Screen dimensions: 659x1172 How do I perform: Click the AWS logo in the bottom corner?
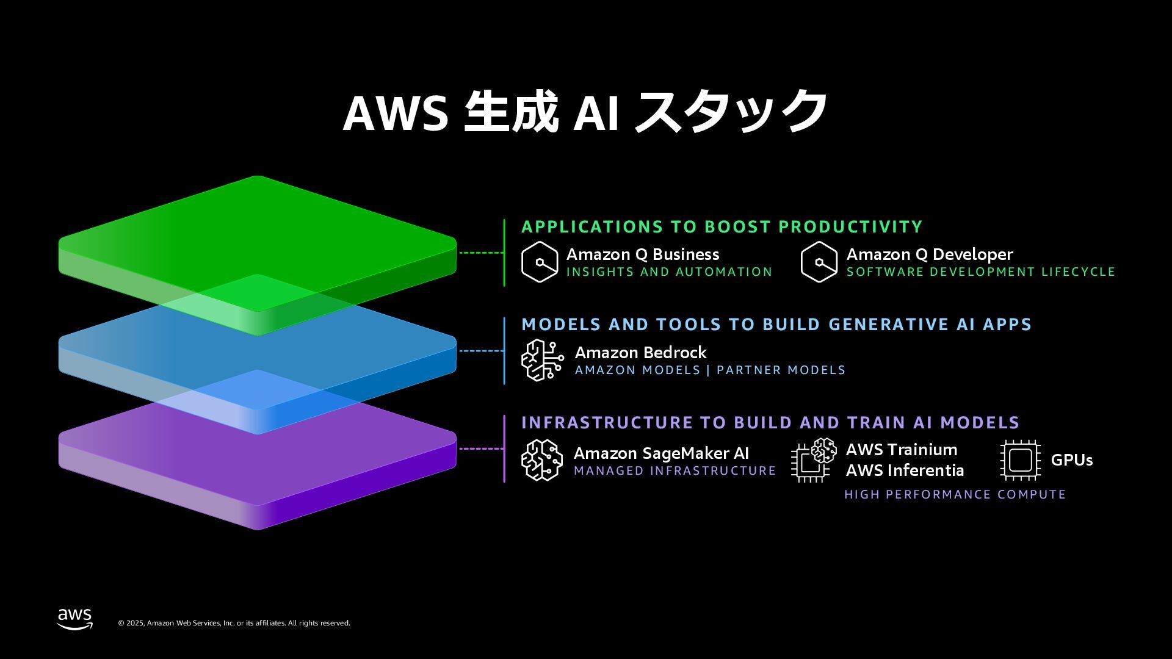coord(75,618)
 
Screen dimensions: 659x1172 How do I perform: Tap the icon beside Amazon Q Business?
coord(540,262)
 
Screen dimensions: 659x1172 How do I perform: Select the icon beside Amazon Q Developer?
coord(819,262)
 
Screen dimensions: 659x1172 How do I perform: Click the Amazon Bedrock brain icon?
coord(542,360)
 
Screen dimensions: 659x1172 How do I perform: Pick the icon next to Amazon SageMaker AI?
coord(541,459)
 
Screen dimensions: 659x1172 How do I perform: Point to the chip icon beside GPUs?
coord(1020,459)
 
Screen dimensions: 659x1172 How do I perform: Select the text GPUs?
coord(1071,460)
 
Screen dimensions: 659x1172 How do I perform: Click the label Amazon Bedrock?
coord(640,353)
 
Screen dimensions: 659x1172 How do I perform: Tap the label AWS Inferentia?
coord(905,470)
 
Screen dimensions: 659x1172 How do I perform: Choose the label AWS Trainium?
coord(901,450)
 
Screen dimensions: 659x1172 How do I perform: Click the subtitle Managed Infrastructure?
coord(675,471)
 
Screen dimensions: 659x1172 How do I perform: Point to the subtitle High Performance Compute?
coord(955,494)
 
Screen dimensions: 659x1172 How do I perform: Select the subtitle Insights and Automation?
coord(669,272)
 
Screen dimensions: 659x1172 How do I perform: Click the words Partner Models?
coord(781,370)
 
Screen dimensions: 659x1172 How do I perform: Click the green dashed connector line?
coord(481,253)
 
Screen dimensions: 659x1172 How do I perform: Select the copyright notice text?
coord(234,623)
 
